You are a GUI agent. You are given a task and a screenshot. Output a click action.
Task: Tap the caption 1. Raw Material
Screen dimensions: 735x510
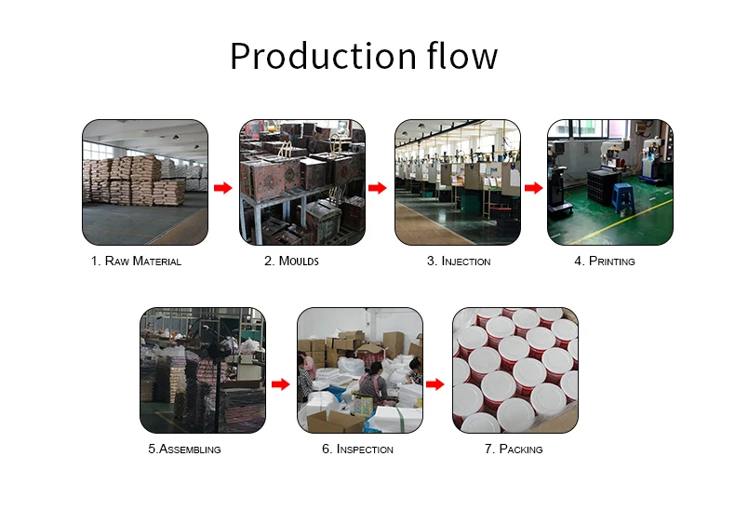coord(136,262)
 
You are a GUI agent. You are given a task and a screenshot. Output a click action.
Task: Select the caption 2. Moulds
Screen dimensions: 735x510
coord(291,262)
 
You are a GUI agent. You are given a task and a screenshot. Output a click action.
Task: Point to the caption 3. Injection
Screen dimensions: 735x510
coord(459,262)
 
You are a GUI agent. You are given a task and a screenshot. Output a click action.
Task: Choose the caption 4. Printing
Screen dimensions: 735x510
coord(605,262)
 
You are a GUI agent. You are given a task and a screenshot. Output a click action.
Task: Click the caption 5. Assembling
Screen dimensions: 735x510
coord(184,450)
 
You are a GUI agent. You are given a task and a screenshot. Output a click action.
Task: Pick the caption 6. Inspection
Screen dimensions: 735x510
coord(357,450)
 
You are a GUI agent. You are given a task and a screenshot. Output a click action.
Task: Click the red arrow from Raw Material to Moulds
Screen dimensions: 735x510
coord(222,188)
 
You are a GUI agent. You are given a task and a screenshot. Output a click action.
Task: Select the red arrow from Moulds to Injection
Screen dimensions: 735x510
coord(377,188)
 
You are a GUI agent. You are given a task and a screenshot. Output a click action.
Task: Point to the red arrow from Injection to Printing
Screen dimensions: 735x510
coord(533,188)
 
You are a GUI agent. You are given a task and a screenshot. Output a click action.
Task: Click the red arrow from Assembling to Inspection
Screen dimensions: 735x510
coord(280,383)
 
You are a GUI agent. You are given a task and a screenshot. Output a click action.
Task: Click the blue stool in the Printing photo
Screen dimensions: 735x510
coord(622,197)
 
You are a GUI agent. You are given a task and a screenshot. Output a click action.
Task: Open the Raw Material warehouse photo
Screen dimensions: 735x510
coord(144,182)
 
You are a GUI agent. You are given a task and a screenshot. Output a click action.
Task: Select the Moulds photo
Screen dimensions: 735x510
coord(301,182)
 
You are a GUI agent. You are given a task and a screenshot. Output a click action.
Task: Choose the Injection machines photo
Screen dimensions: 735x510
coord(457,182)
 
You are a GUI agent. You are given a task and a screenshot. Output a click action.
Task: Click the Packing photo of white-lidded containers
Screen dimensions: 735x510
coord(514,370)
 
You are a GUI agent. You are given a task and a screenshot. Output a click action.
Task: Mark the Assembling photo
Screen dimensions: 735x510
coord(202,370)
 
